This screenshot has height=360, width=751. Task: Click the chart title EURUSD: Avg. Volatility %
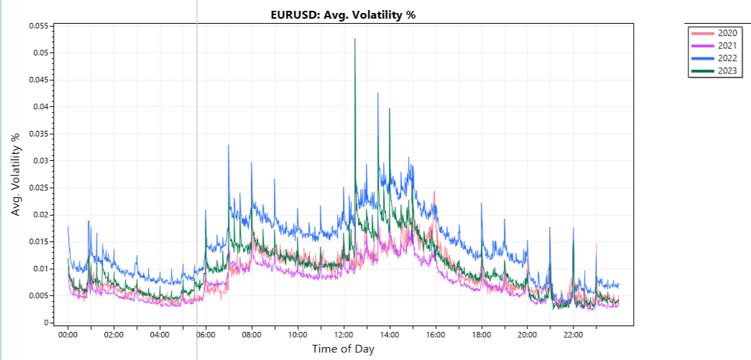pos(342,15)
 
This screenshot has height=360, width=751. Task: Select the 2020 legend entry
pos(727,33)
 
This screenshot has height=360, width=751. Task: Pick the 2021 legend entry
pos(727,46)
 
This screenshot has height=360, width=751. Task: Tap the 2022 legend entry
pos(727,58)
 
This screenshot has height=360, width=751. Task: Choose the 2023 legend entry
pos(727,70)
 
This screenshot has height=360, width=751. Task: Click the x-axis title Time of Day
pos(343,349)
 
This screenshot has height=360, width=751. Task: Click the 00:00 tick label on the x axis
pos(68,335)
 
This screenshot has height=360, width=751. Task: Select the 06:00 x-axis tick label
pos(206,335)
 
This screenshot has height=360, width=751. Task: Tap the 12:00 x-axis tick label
pos(344,335)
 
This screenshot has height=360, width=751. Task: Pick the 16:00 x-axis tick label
pos(436,335)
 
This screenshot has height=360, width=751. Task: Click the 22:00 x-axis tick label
pos(573,335)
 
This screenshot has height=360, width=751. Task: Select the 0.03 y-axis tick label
pos(40,161)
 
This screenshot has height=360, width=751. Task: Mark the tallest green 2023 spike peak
pos(355,40)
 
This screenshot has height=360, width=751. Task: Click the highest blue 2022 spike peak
pos(378,93)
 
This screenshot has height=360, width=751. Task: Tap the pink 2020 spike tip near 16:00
pos(435,192)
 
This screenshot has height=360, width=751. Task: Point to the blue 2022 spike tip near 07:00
pos(229,145)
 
